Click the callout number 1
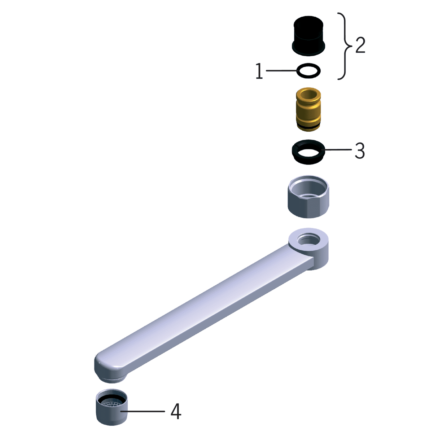(259, 71)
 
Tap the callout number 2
(360, 45)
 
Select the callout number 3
(359, 150)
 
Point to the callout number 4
(176, 411)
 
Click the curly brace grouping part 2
(345, 46)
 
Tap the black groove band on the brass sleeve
(308, 127)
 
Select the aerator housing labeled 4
(112, 415)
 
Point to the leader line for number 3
(337, 149)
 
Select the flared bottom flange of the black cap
(308, 49)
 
